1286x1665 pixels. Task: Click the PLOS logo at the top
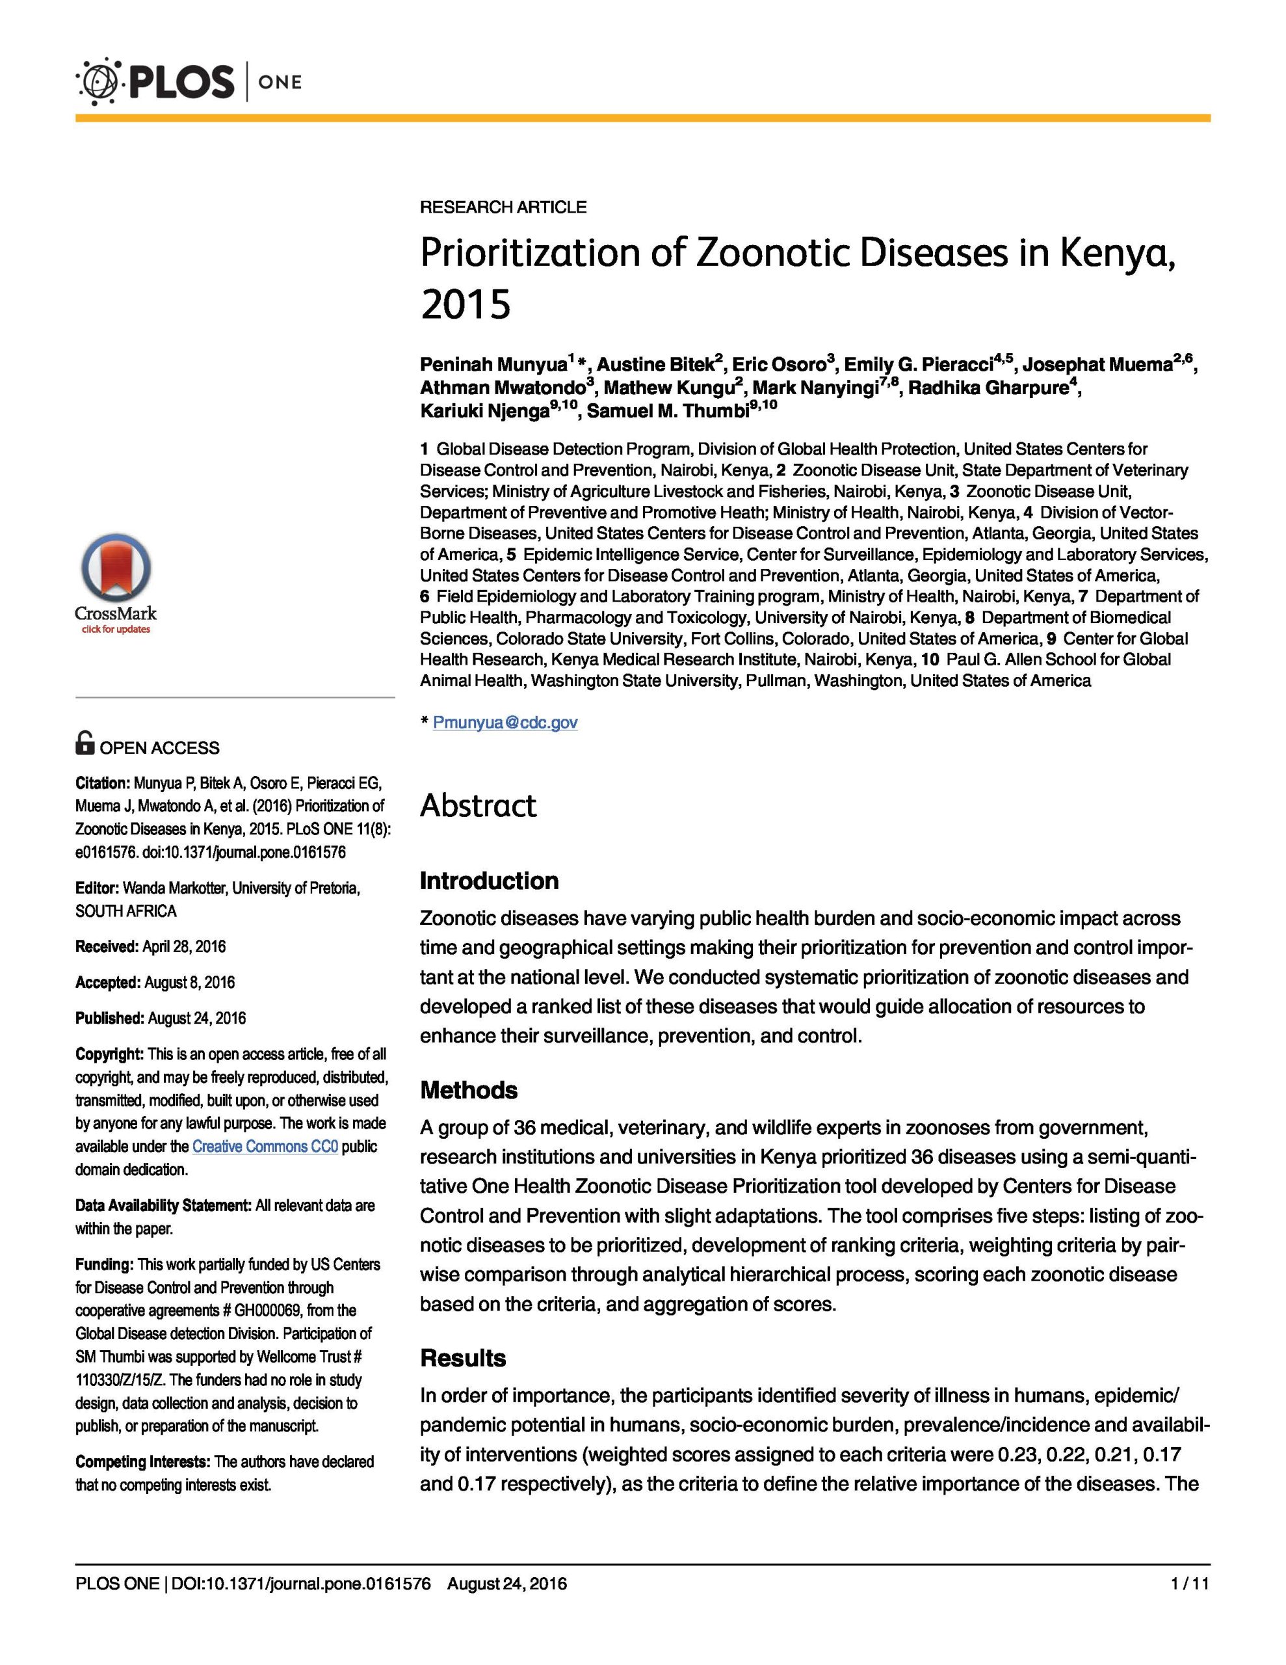click(156, 81)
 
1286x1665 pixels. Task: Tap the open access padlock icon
click(85, 743)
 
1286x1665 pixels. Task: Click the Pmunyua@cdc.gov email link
click(505, 722)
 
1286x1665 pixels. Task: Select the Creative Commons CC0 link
click(265, 1146)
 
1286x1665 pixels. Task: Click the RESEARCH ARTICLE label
click(503, 207)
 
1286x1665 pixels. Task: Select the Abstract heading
click(478, 806)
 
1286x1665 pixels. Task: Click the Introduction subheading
click(489, 881)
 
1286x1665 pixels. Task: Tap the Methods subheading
click(468, 1089)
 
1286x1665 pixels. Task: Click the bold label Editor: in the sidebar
click(97, 888)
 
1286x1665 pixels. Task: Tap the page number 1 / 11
click(1190, 1584)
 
